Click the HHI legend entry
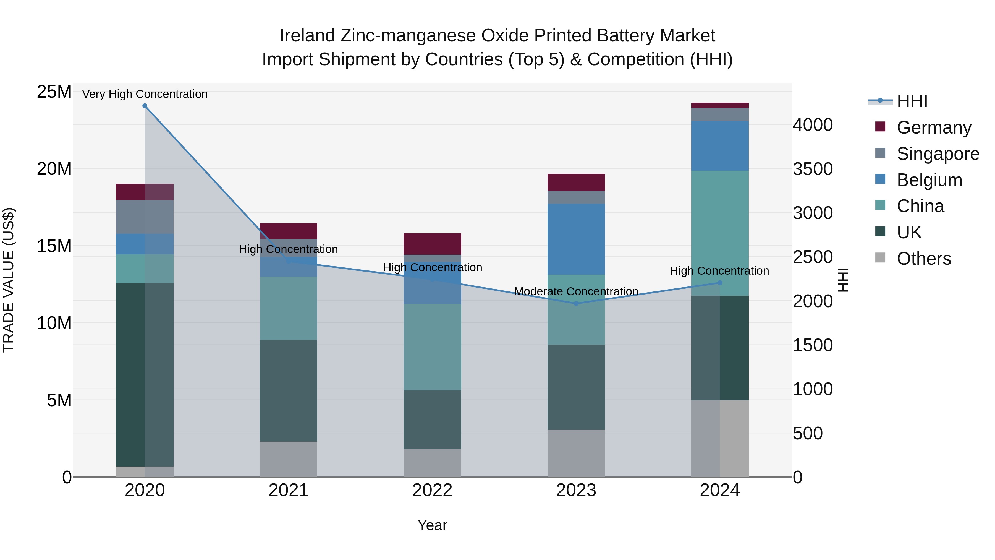[x=911, y=101]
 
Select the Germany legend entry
[x=933, y=127]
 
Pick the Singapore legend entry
[x=938, y=154]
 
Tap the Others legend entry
[x=923, y=259]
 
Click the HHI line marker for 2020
[x=145, y=106]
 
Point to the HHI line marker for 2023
[x=576, y=304]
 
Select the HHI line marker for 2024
[x=720, y=283]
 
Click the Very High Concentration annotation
[x=145, y=94]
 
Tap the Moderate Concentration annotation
[x=576, y=291]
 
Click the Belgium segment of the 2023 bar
[x=576, y=239]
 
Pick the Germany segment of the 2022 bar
[x=432, y=244]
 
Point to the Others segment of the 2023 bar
[x=576, y=453]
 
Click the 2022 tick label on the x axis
[x=432, y=490]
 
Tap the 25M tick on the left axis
[x=54, y=92]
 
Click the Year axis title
[x=432, y=525]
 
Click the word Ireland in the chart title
[x=307, y=36]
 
